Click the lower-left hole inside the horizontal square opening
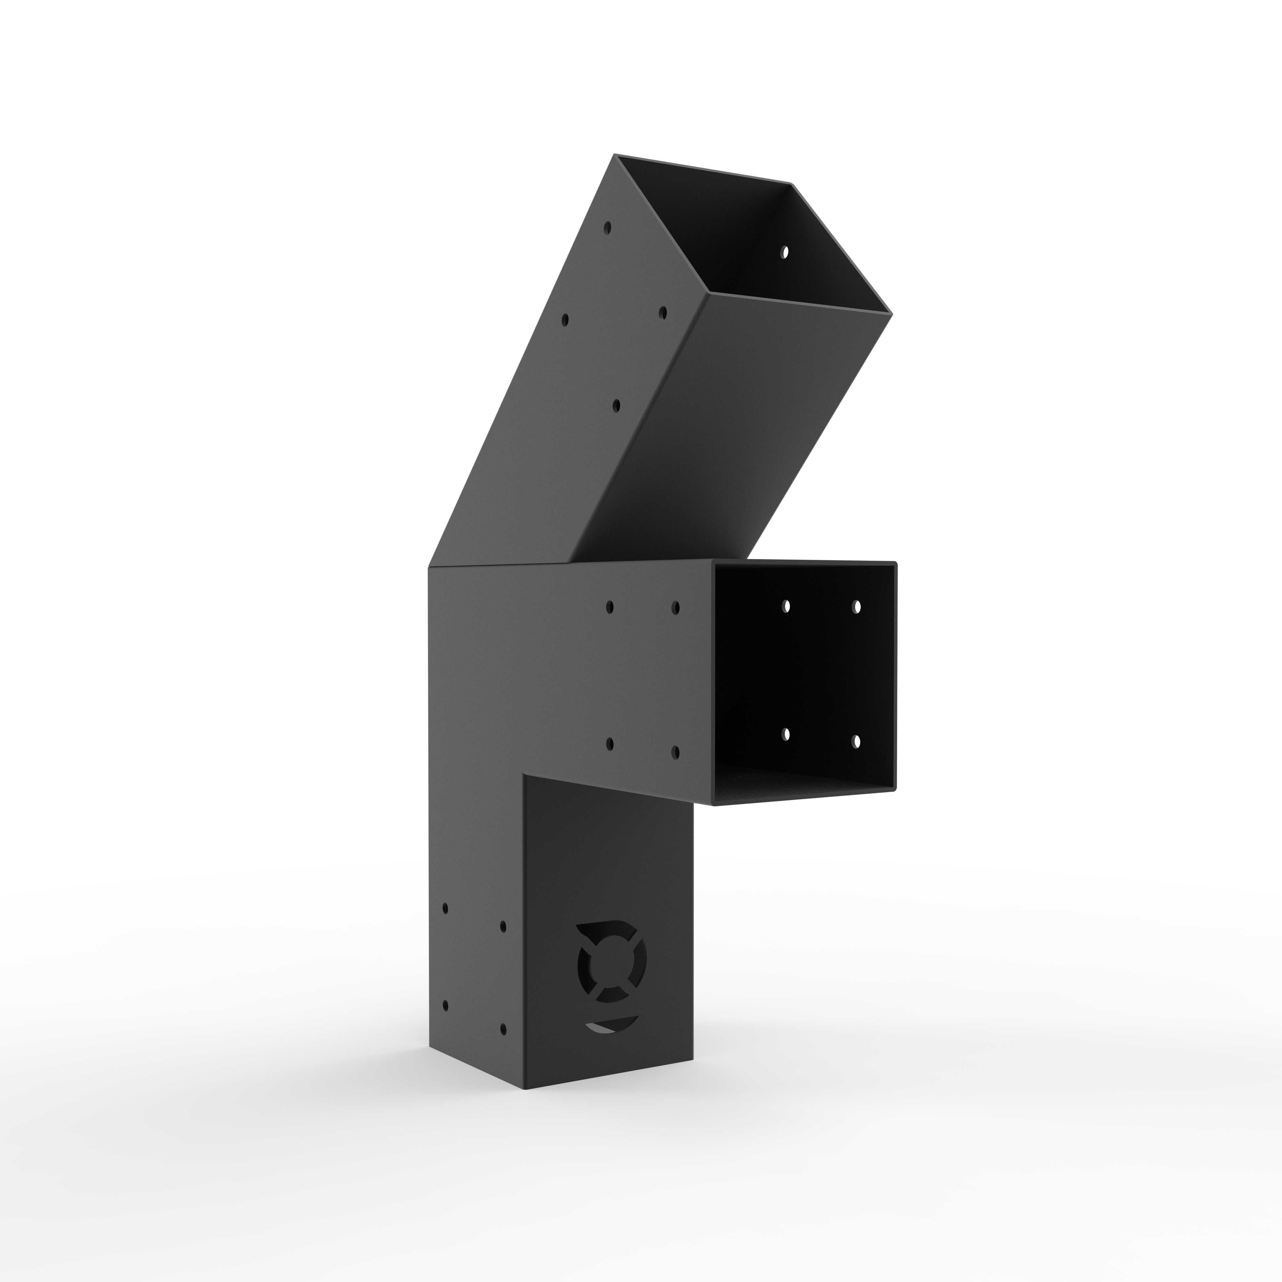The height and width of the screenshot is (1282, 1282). tap(786, 734)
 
